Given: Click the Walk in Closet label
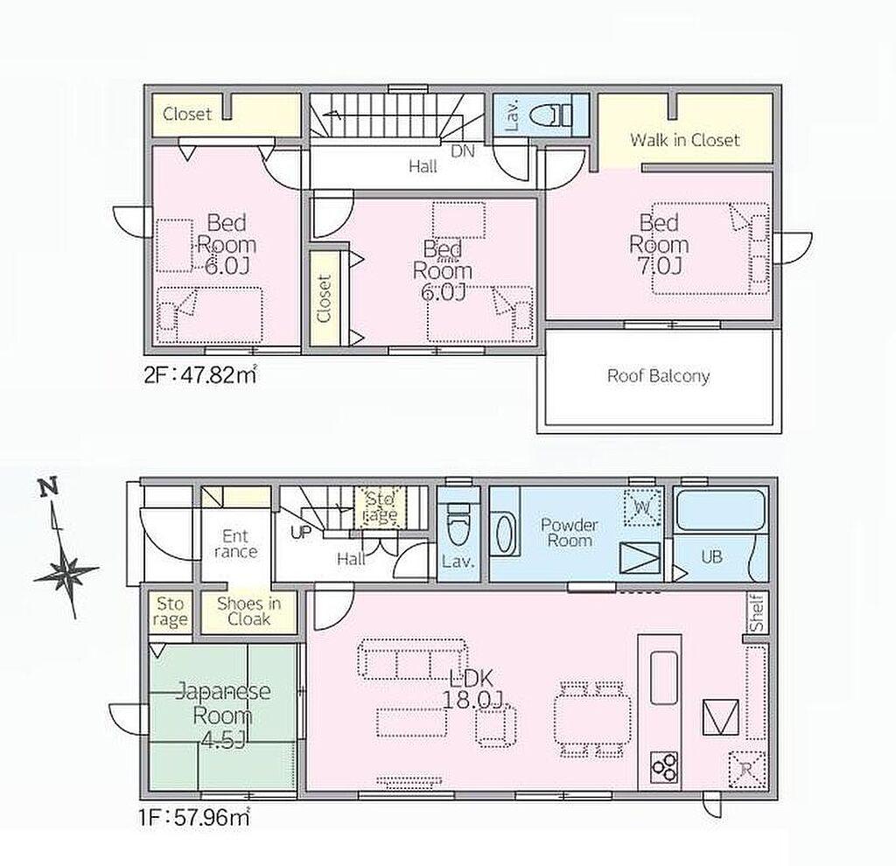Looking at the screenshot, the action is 684,140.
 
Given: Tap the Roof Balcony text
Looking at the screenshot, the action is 658,376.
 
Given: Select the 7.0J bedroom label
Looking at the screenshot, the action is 659,244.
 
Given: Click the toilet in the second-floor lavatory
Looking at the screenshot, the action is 550,115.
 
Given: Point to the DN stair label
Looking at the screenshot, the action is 463,151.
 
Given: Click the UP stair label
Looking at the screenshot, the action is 301,533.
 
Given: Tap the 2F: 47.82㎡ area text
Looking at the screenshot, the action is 199,375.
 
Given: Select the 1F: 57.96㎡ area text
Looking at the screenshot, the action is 194,817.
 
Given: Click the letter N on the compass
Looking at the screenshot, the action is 49,486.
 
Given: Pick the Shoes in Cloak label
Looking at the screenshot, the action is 249,611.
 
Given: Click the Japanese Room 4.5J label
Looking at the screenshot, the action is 223,716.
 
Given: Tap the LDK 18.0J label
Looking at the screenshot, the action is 472,689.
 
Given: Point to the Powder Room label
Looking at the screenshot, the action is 569,533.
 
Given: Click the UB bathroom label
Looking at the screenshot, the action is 711,555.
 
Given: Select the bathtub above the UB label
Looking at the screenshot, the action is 720,510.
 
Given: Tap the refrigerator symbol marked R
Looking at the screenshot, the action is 745,770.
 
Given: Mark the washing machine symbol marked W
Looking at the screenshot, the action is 643,506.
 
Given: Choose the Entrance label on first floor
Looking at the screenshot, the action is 236,544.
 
